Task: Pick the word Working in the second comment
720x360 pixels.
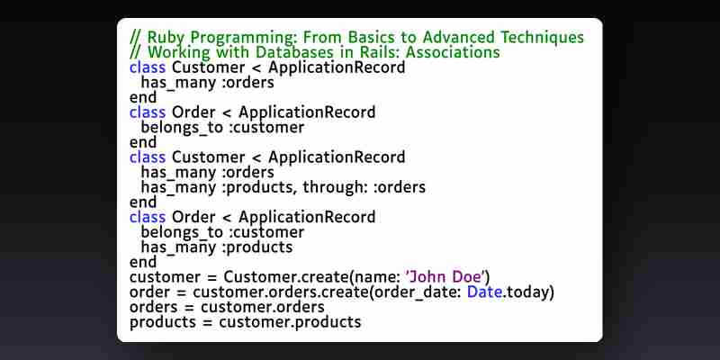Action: [x=179, y=53]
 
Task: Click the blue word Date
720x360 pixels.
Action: [x=484, y=292]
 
